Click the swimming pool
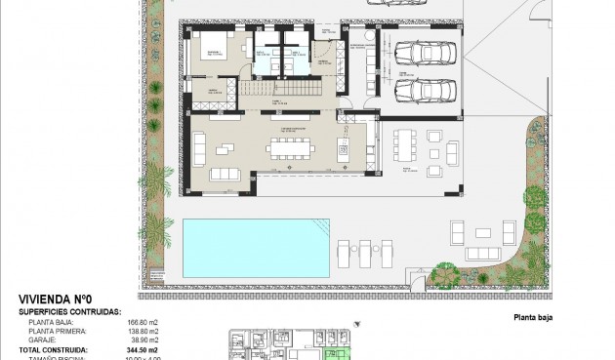(x=255, y=245)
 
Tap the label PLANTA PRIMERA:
(x=62, y=330)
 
